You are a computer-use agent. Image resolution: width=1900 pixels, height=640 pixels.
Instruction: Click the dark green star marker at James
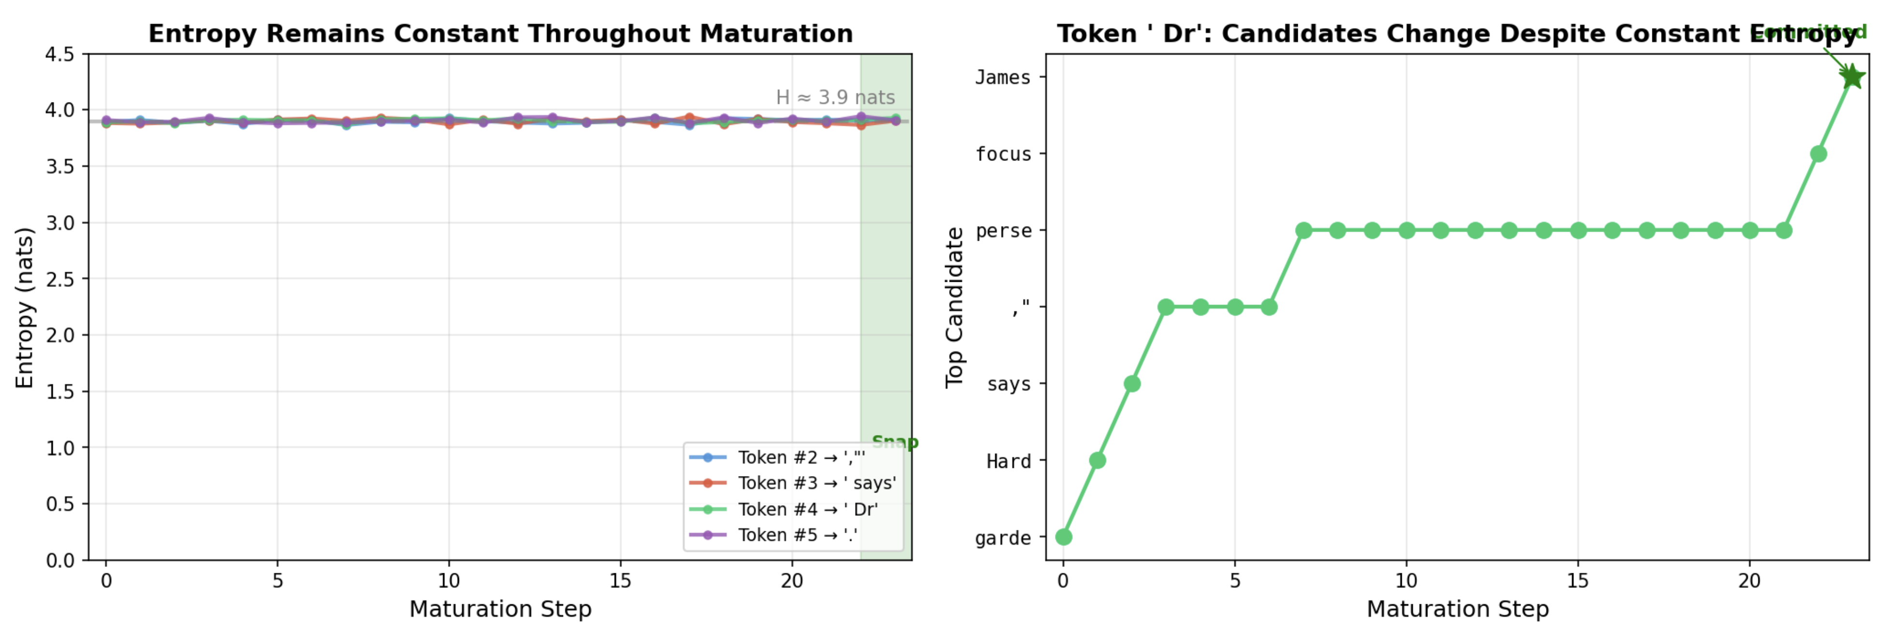[1852, 77]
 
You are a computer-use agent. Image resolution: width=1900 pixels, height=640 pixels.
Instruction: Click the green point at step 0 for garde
[1063, 537]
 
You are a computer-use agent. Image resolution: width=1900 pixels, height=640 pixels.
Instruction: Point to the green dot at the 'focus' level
[1818, 154]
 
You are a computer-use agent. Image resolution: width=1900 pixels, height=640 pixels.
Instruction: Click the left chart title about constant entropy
[500, 33]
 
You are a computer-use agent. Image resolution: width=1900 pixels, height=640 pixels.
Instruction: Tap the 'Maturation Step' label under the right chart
[1457, 609]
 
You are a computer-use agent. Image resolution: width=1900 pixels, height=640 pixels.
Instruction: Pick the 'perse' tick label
[1003, 231]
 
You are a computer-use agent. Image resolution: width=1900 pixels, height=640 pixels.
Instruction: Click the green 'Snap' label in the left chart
[895, 442]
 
